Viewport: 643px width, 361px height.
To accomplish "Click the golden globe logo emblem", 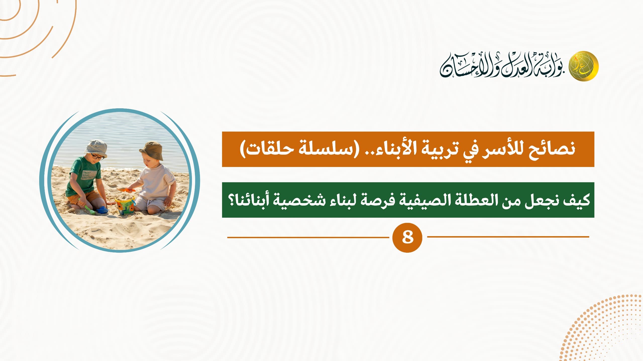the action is (583, 66).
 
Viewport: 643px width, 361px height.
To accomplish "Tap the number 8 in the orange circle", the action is (407, 237).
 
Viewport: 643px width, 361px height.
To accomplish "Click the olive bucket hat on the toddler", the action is (152, 150).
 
